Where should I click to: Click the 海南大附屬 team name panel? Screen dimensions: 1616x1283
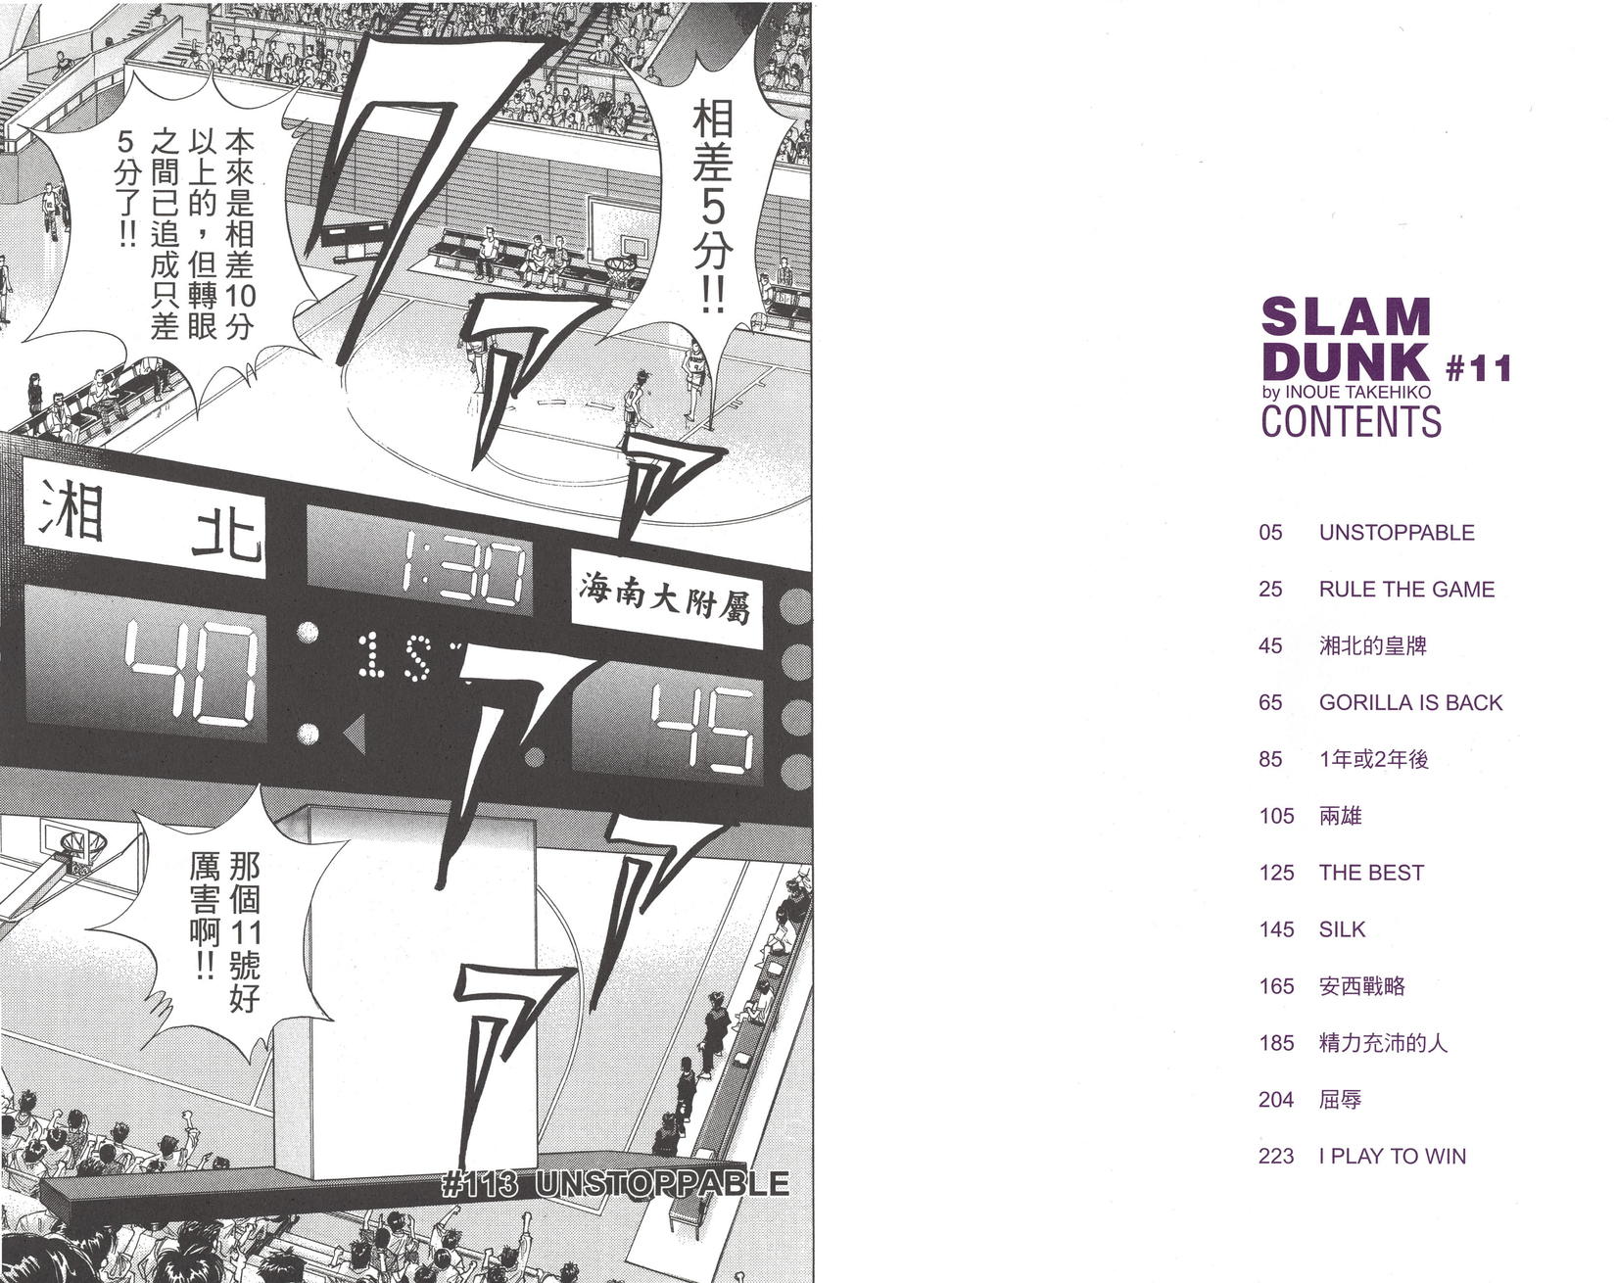click(x=666, y=597)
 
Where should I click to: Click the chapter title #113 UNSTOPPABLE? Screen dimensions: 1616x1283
click(x=615, y=1184)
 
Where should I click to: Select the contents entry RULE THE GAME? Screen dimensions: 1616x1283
click(x=1406, y=590)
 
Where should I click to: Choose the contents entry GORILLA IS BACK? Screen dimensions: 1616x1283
click(x=1410, y=702)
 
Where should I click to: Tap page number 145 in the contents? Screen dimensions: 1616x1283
click(x=1276, y=929)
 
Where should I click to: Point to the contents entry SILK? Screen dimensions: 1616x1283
click(x=1342, y=929)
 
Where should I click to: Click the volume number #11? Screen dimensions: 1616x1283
click(x=1479, y=368)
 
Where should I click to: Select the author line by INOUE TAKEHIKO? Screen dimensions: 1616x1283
click(x=1346, y=392)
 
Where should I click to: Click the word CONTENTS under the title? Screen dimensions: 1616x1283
click(x=1351, y=421)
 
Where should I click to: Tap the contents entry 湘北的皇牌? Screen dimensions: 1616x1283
click(x=1372, y=646)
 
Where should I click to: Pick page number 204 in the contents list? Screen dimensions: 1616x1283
click(x=1276, y=1100)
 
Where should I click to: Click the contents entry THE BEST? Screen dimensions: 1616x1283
click(x=1371, y=873)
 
